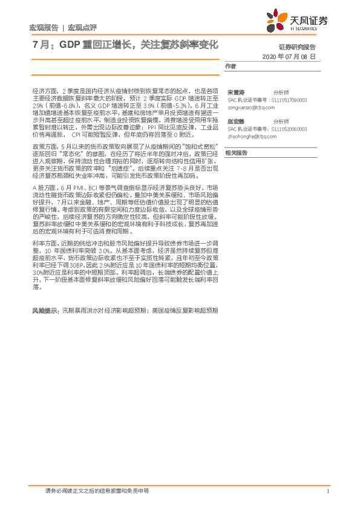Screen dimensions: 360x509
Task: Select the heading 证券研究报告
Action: click(314, 47)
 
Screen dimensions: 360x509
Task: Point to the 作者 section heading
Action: click(231, 66)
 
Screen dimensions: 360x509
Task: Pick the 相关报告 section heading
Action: click(236, 153)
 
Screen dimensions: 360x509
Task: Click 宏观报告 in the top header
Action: click(44, 28)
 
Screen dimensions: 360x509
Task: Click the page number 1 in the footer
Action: click(327, 491)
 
